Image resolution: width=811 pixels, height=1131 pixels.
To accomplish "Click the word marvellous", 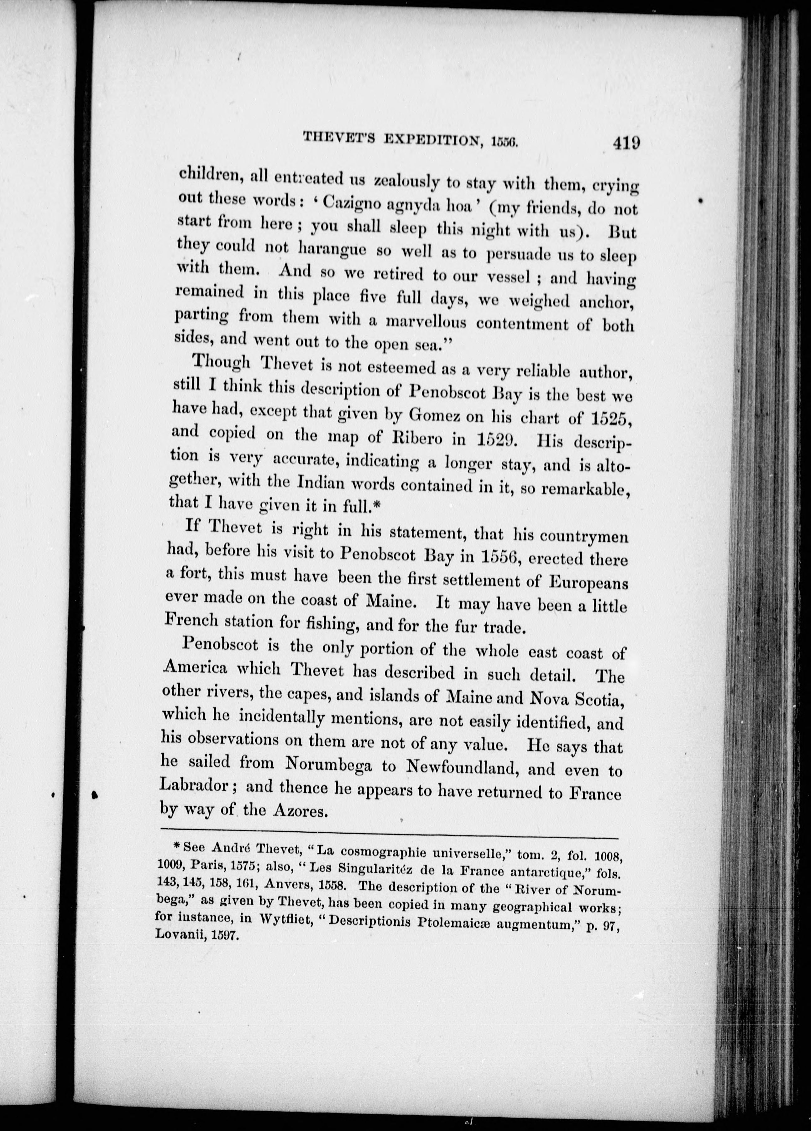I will [426, 322].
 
